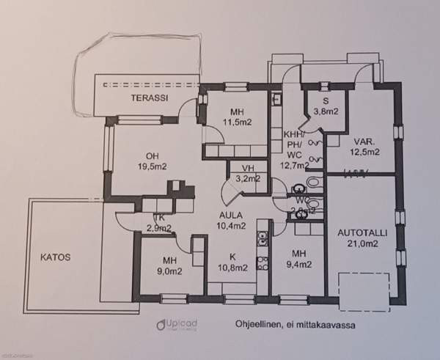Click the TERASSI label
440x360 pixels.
click(146, 98)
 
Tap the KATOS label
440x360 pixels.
click(56, 257)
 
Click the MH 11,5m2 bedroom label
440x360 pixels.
click(236, 117)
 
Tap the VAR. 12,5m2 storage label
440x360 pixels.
click(364, 147)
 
